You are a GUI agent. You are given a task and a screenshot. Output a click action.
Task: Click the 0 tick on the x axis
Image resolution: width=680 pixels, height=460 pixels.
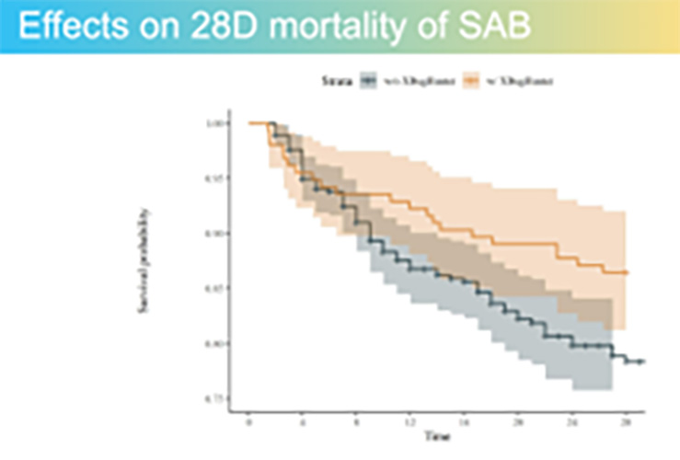coord(249,420)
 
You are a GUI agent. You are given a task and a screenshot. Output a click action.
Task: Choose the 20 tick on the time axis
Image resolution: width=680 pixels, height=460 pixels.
coord(519,420)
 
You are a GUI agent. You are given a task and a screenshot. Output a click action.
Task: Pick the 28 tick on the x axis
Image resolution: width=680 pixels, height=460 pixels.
coord(627,420)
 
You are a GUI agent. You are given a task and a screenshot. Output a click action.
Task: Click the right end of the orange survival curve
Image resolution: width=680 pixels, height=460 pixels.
coord(627,273)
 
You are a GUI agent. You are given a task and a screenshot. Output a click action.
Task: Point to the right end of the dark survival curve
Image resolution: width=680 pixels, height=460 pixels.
coord(640,362)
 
